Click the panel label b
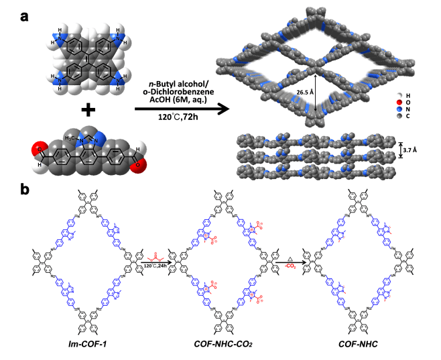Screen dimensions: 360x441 click(24, 190)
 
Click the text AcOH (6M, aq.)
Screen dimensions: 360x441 click(170, 100)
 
